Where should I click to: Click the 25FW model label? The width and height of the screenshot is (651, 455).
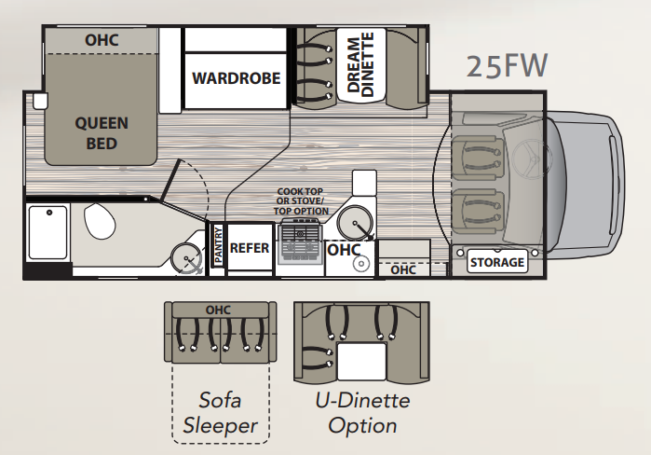tap(507, 65)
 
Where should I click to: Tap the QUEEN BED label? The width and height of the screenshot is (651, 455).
tap(102, 133)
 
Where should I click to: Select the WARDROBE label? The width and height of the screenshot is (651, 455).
tap(237, 78)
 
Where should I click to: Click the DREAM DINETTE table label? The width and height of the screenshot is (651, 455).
tap(361, 65)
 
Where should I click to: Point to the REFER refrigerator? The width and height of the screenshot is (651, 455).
tap(250, 248)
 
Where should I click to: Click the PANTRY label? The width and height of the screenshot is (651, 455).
tap(218, 245)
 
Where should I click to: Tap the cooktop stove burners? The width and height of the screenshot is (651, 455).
tap(301, 241)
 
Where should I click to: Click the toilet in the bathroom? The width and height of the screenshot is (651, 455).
tap(100, 221)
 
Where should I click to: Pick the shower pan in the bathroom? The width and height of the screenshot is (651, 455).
tap(47, 232)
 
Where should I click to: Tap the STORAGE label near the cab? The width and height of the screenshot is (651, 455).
tap(497, 262)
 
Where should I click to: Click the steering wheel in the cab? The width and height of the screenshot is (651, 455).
tap(527, 156)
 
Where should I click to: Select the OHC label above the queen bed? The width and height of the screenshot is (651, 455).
tap(102, 40)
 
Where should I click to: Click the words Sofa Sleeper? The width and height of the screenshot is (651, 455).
tap(220, 413)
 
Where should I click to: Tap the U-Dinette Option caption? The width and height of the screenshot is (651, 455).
tap(362, 413)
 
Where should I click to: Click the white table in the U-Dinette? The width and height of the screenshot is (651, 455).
tap(361, 361)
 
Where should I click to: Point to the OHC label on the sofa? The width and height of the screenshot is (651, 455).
tap(218, 310)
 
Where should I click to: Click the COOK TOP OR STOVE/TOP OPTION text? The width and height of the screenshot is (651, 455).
tap(301, 201)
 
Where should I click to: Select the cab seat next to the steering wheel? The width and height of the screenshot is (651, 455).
tap(479, 157)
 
